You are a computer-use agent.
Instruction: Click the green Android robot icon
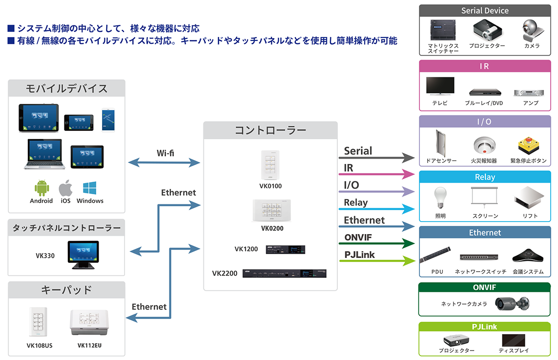click(x=42, y=188)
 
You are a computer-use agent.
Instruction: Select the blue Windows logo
click(x=89, y=188)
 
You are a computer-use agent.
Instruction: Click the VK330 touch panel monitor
click(x=83, y=254)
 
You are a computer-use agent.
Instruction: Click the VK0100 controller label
click(x=270, y=186)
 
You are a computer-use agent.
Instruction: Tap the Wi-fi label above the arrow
click(x=165, y=153)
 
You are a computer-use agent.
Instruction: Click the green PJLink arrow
click(x=378, y=261)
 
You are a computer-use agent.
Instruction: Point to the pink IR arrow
click(x=378, y=174)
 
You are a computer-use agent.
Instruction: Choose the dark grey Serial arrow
click(x=378, y=157)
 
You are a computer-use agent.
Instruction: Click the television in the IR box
click(x=440, y=87)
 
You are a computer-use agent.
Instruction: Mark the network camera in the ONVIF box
click(x=512, y=303)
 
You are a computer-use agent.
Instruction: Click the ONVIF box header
click(x=484, y=287)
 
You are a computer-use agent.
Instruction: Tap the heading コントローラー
click(x=270, y=130)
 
